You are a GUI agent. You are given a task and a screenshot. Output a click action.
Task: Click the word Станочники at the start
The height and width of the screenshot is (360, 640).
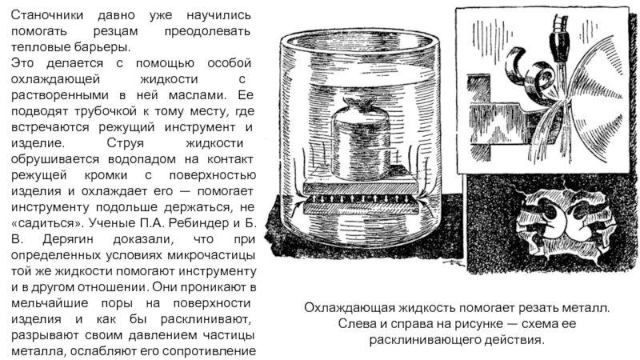point(47,15)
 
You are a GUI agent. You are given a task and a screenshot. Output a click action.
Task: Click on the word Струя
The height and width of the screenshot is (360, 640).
point(126,143)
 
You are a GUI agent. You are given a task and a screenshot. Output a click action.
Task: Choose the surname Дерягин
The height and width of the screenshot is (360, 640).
point(68,239)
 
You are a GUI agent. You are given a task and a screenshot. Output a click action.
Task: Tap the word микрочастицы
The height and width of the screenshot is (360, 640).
point(211,255)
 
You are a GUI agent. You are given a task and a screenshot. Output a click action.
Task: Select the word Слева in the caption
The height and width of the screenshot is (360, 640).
point(355,324)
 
